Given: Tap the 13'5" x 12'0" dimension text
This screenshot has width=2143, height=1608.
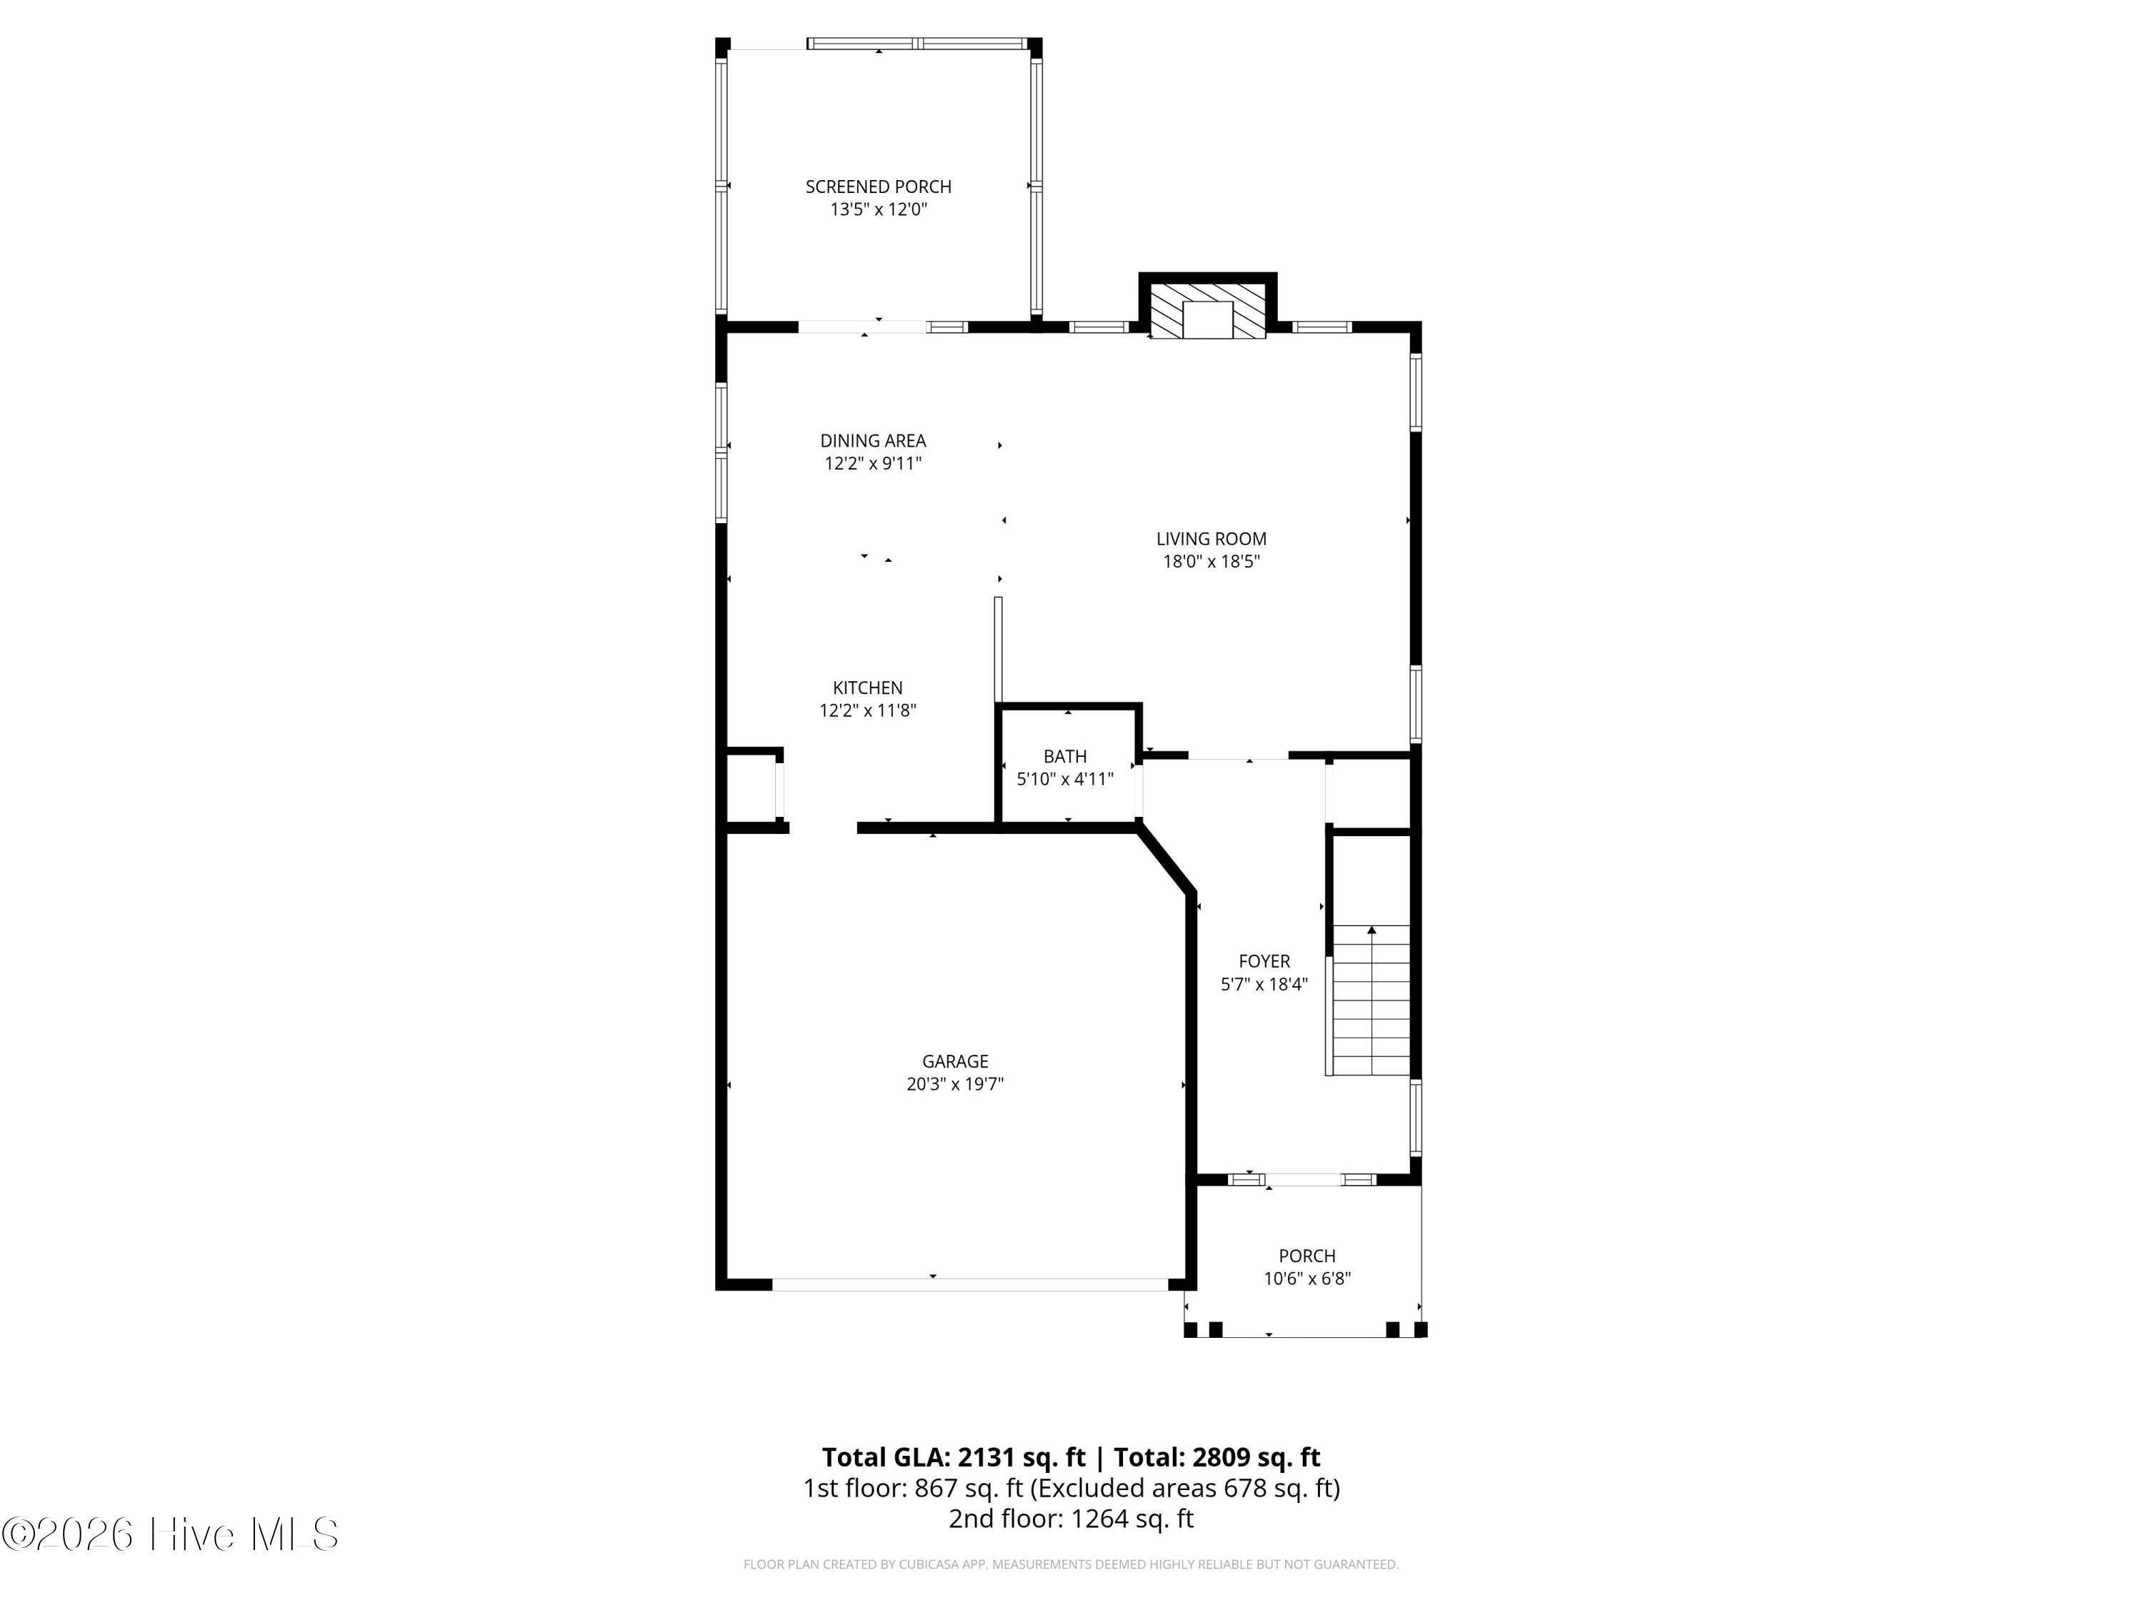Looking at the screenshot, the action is click(879, 209).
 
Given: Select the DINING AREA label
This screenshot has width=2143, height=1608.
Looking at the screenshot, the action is click(873, 441).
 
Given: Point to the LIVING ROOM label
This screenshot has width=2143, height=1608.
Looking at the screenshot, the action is click(1211, 539).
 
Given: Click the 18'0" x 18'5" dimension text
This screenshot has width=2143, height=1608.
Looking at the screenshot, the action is click(1211, 561).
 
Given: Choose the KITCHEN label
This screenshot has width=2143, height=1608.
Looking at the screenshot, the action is click(868, 688).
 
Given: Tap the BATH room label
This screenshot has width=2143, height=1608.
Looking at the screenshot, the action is click(1065, 757).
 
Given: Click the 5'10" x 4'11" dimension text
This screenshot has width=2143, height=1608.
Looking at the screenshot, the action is click(1065, 779).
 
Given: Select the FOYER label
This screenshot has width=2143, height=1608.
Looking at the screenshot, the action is click(1264, 961).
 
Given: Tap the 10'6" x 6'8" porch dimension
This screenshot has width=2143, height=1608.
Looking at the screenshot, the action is click(1307, 1279).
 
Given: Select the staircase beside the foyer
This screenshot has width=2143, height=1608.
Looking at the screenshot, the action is click(1371, 1001).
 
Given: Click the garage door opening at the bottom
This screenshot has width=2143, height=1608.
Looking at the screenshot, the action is click(970, 1284).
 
